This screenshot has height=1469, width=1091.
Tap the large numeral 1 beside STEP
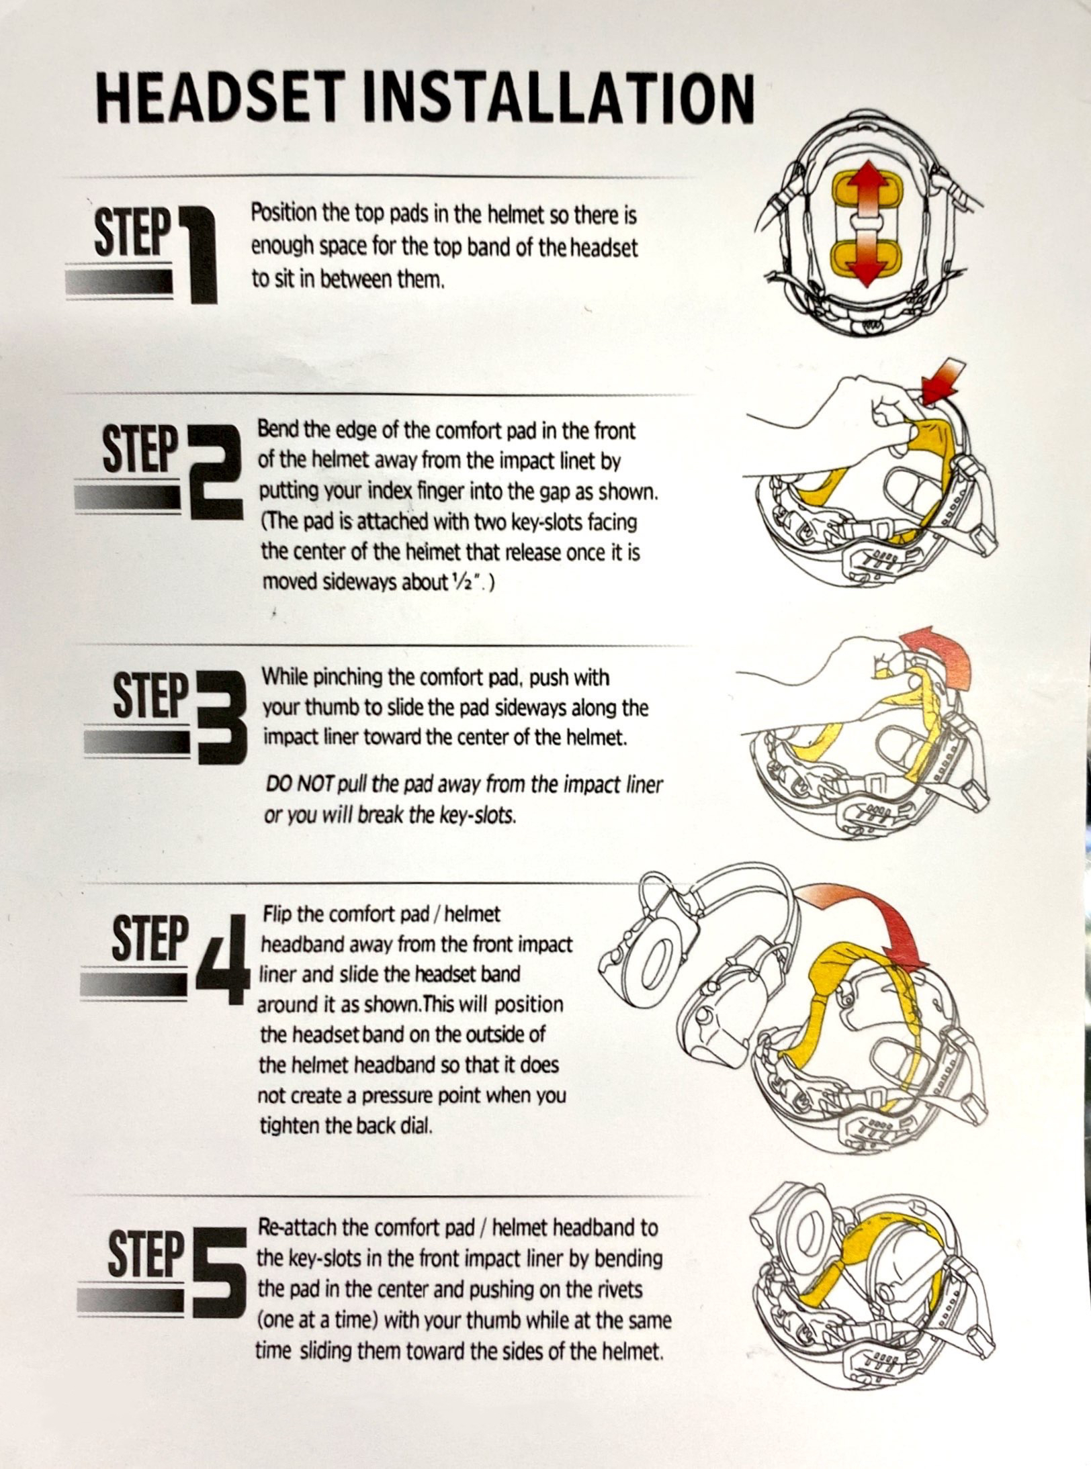[198, 254]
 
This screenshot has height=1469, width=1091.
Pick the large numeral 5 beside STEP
[219, 1272]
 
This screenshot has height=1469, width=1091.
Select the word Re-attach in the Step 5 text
[298, 1229]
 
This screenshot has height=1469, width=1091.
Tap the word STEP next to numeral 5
[145, 1252]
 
